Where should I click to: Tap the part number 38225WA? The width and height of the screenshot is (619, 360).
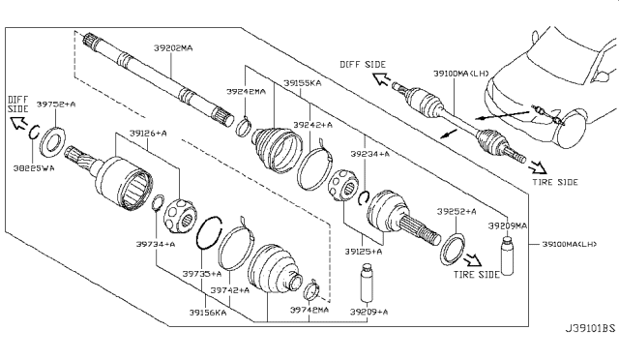pos(35,166)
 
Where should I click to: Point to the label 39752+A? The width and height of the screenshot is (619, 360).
pos(57,103)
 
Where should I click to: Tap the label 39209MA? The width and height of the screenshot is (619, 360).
pos(507,225)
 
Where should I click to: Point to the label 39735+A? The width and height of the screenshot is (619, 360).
pos(201,274)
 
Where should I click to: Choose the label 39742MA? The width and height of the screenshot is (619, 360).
pos(309,310)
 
